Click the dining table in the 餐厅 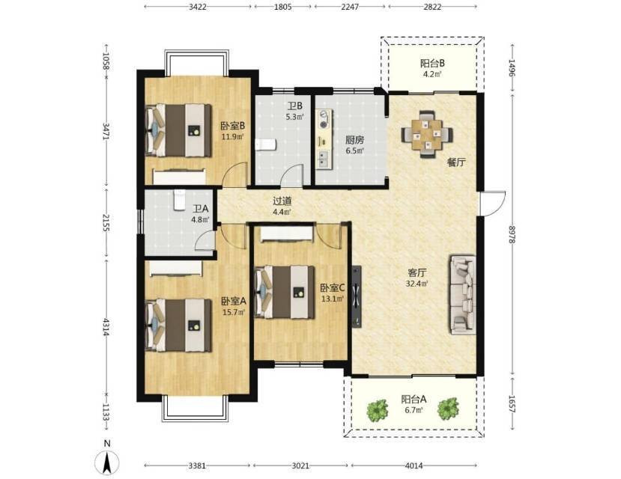pyautogui.click(x=427, y=135)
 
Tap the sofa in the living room pyautogui.click(x=463, y=295)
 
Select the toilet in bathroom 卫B pyautogui.click(x=265, y=144)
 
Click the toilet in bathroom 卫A pyautogui.click(x=180, y=200)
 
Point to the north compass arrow pyautogui.click(x=107, y=463)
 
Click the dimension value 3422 pyautogui.click(x=197, y=7)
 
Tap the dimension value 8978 pyautogui.click(x=512, y=234)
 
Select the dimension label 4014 pyautogui.click(x=414, y=466)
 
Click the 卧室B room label pyautogui.click(x=233, y=126)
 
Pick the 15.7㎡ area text pyautogui.click(x=233, y=312)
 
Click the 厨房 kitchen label pyautogui.click(x=354, y=140)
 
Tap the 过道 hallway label pyautogui.click(x=282, y=201)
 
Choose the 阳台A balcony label pyautogui.click(x=414, y=399)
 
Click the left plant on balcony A pyautogui.click(x=377, y=410)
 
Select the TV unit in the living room pyautogui.click(x=357, y=296)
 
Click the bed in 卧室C pyautogui.click(x=285, y=293)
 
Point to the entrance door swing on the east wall pyautogui.click(x=493, y=204)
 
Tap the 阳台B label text pyautogui.click(x=432, y=63)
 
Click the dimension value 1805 pyautogui.click(x=282, y=7)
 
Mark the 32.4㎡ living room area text pyautogui.click(x=417, y=283)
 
